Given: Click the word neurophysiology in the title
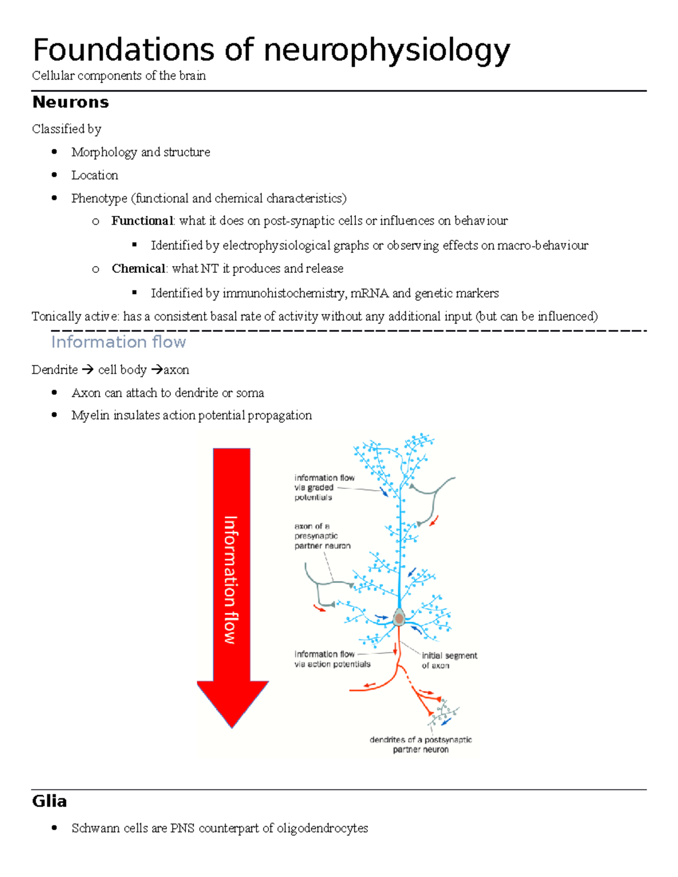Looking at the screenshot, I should (x=386, y=51).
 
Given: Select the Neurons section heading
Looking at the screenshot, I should (x=71, y=102).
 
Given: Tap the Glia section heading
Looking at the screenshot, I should (x=50, y=801).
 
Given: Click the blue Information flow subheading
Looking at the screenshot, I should (x=118, y=342).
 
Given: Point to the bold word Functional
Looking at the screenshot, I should (x=142, y=221).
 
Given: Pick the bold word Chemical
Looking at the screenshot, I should (x=138, y=269).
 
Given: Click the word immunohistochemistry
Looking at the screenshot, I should (x=284, y=293).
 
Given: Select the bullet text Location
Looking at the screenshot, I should (x=94, y=175).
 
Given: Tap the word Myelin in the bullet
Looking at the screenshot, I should (x=90, y=416).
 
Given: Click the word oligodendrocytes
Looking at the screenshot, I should (x=322, y=828).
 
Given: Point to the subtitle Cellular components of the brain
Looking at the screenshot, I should (x=119, y=76).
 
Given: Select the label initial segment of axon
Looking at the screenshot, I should (x=449, y=660).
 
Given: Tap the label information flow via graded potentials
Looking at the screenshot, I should (x=324, y=487).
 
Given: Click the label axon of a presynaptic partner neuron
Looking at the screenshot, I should (x=322, y=536).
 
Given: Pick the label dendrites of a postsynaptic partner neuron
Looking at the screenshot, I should (x=420, y=744).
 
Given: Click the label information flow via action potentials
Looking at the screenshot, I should (x=332, y=659).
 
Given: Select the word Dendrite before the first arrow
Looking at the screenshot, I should (x=55, y=370).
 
